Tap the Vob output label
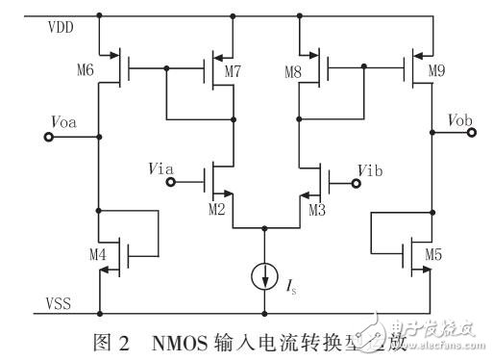coord(459,120)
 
